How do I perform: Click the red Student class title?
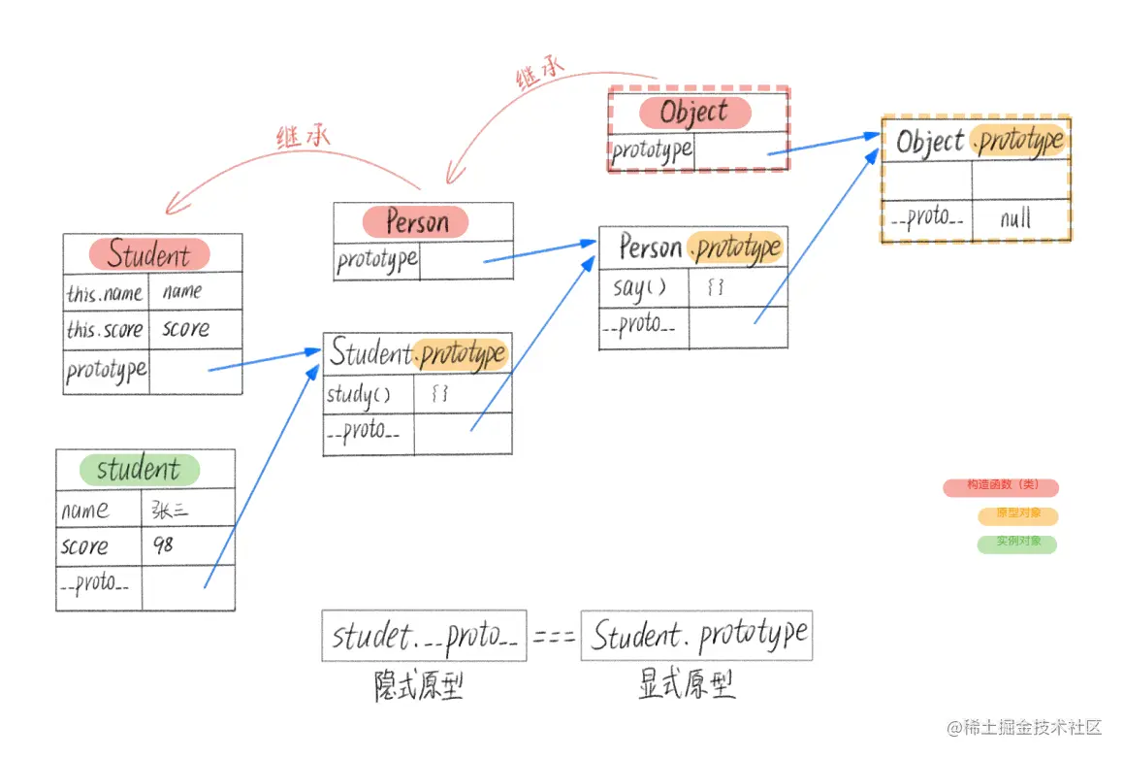tap(149, 255)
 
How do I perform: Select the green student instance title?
tap(139, 470)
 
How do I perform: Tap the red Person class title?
tap(416, 222)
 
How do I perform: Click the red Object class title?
tap(694, 113)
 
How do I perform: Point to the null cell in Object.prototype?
tap(1015, 218)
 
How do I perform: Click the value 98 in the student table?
tap(163, 545)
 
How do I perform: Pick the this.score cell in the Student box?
tap(105, 330)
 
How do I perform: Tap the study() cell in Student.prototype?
tap(358, 395)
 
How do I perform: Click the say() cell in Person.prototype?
tap(640, 288)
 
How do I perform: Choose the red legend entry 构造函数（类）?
tap(1000, 487)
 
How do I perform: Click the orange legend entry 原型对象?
tap(1017, 515)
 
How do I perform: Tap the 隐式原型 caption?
tap(419, 686)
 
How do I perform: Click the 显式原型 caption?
tap(687, 685)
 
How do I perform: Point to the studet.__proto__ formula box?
tap(424, 637)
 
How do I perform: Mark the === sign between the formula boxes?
tap(554, 637)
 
